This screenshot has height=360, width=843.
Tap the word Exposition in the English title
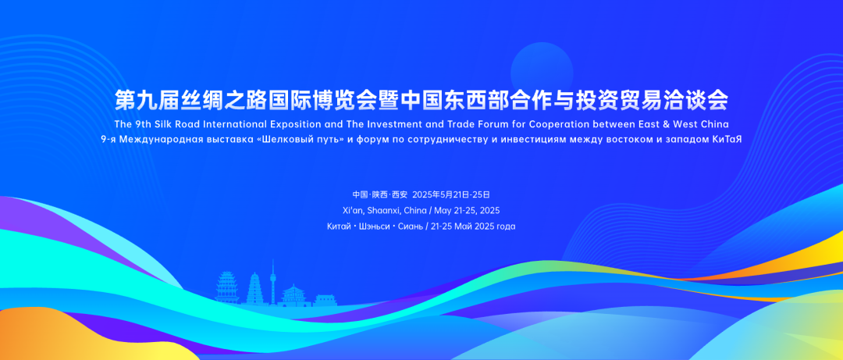click(x=302, y=124)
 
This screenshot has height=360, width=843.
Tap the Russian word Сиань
click(x=411, y=226)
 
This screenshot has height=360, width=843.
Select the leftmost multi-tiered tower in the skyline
click(x=227, y=287)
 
